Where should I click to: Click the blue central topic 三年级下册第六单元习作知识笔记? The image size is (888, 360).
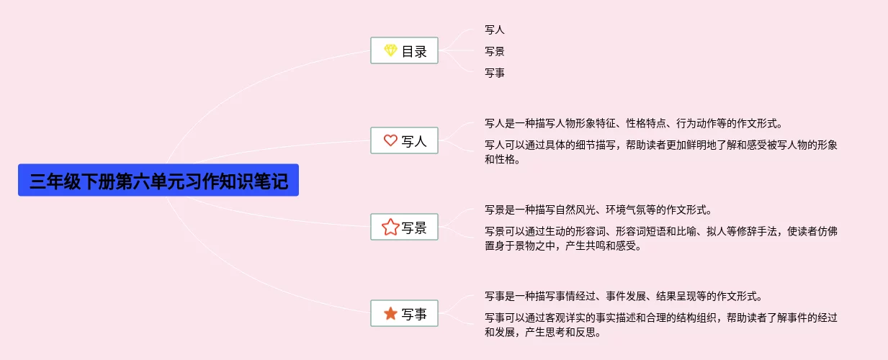coord(158,180)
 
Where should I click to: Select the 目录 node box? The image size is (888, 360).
coord(404,51)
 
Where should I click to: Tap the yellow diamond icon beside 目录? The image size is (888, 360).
coord(390,51)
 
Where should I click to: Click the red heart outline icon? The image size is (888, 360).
coord(390,141)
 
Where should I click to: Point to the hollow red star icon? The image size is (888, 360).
coord(390,228)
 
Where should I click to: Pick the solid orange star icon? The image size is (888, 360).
coord(390,314)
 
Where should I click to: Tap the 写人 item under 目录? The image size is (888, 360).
coord(495,30)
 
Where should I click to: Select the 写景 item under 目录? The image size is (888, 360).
coord(495,51)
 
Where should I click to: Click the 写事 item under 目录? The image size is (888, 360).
coord(495,73)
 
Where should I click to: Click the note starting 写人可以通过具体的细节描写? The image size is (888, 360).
coord(660,145)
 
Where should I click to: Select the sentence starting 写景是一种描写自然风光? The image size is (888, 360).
coord(598,210)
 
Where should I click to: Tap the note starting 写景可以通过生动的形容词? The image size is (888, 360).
coord(660,232)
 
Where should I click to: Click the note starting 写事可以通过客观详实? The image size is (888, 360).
coord(660,318)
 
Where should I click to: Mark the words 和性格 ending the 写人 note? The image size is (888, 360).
coord(501,160)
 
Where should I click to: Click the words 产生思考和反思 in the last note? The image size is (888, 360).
coord(562,333)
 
